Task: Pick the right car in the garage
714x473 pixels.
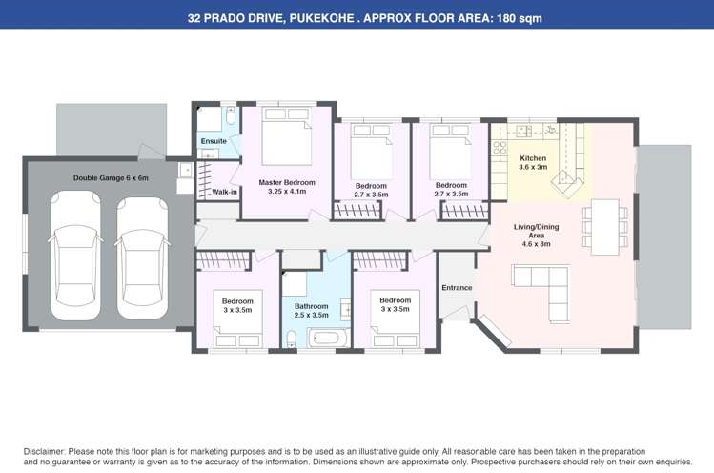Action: click(143, 256)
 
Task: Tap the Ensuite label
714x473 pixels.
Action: click(214, 141)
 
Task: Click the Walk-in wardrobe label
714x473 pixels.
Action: click(224, 192)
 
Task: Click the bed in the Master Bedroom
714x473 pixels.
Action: click(286, 142)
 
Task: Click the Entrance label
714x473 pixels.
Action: click(457, 287)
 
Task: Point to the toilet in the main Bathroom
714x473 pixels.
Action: click(292, 338)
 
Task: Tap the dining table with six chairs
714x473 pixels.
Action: click(604, 226)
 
